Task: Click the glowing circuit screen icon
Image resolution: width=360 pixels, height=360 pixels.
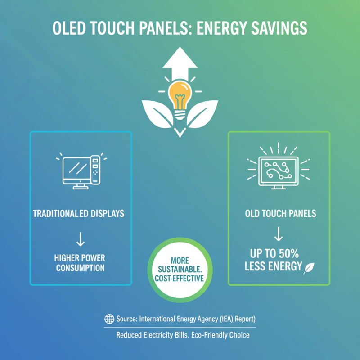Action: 279,170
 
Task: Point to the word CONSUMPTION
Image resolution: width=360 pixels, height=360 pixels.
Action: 80,268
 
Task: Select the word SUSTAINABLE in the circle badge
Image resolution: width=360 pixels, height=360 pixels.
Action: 180,270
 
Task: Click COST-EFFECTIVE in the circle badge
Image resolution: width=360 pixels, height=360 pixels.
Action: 180,279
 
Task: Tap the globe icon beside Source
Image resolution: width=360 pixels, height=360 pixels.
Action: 109,319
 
